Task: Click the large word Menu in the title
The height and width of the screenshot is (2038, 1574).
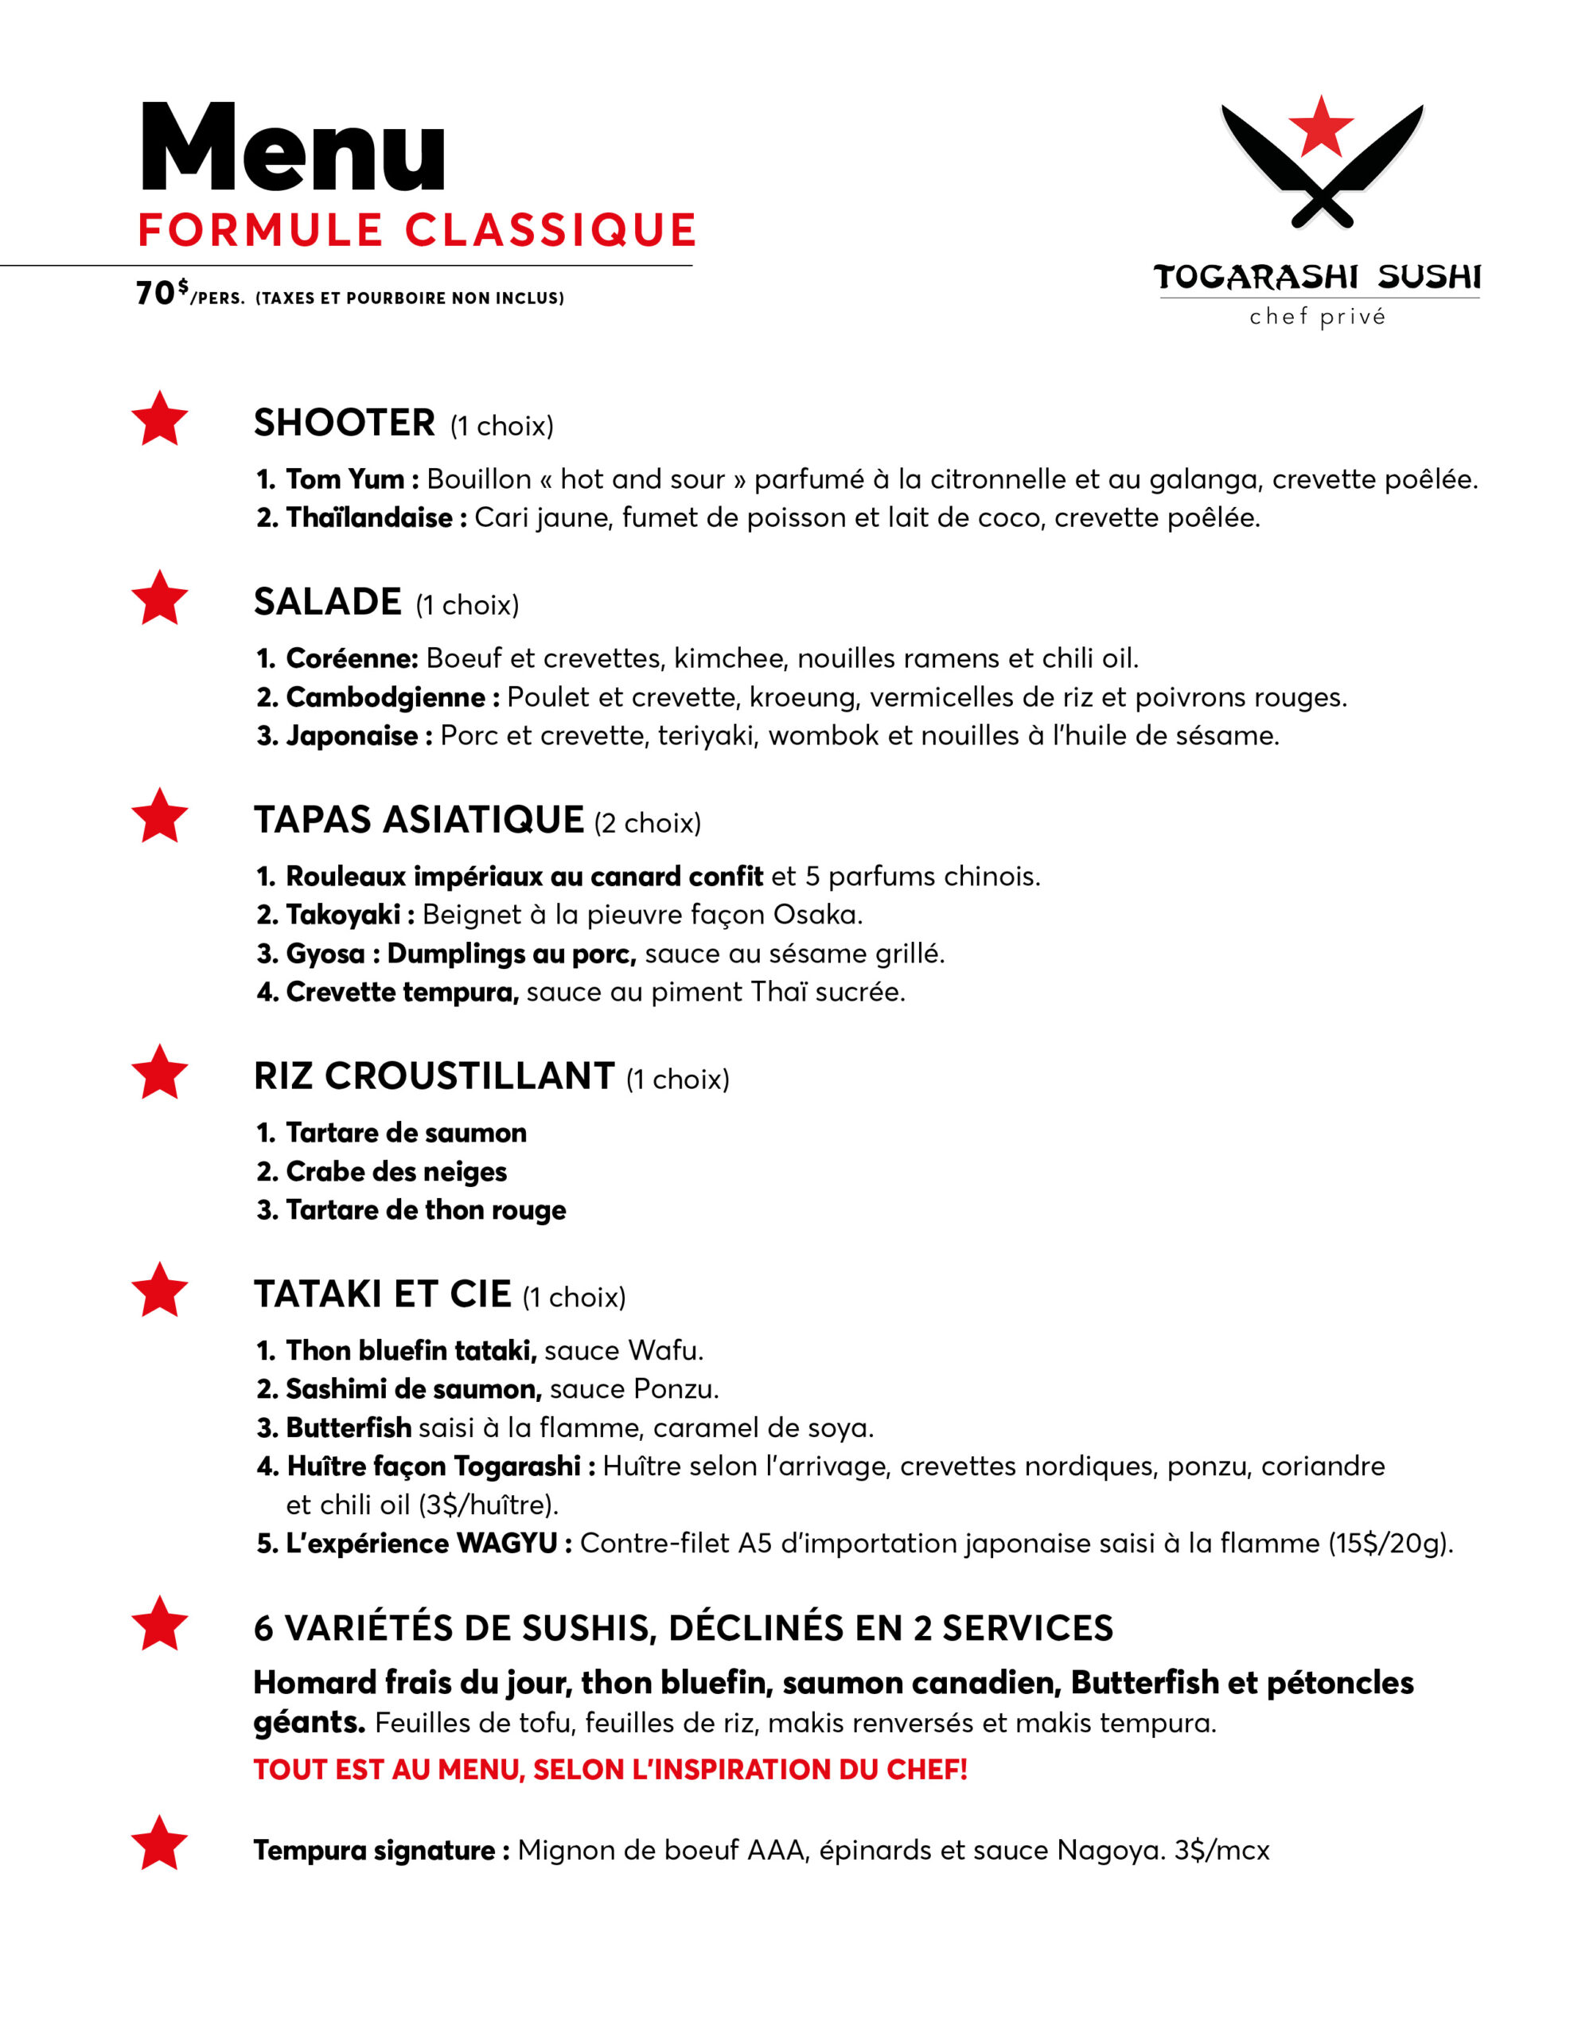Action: tap(292, 150)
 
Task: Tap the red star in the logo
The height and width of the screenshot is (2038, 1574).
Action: tap(1320, 126)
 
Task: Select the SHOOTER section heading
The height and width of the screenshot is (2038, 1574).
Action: tap(345, 423)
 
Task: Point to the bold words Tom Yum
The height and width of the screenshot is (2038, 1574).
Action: tap(345, 479)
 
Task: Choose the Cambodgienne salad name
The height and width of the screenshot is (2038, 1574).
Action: tap(384, 697)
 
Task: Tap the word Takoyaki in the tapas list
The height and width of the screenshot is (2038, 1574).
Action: tap(342, 915)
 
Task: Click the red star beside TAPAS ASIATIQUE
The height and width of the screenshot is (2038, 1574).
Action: tap(159, 817)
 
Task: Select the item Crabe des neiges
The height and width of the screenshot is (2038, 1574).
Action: tap(395, 1171)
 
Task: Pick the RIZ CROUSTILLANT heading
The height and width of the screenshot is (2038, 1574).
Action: tap(434, 1076)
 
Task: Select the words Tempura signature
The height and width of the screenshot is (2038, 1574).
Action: tap(374, 1850)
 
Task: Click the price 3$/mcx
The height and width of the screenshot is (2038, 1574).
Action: tap(1221, 1850)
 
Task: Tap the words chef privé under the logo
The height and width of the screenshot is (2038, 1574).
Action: tap(1318, 318)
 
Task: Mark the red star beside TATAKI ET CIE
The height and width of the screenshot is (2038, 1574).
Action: tap(159, 1290)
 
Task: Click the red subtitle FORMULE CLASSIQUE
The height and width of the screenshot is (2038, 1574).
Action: tap(417, 231)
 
